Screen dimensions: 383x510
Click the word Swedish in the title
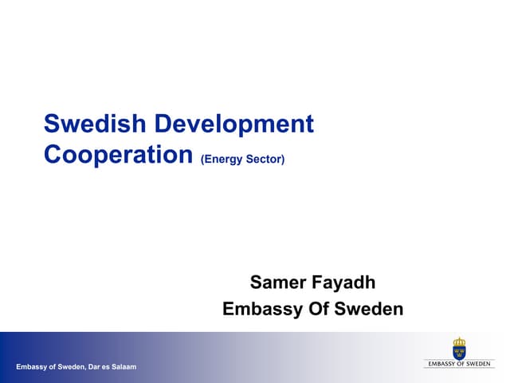pyautogui.click(x=95, y=124)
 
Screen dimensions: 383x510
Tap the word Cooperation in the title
pyautogui.click(x=119, y=154)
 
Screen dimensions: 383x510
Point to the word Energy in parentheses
pyautogui.click(x=224, y=160)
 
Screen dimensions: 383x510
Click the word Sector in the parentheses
pyautogui.click(x=265, y=160)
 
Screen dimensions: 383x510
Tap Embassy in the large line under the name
pyautogui.click(x=259, y=310)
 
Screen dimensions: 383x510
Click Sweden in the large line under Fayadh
pyautogui.click(x=371, y=309)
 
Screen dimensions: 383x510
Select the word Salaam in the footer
pyautogui.click(x=125, y=367)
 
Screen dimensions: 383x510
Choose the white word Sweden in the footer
pyautogui.click(x=70, y=367)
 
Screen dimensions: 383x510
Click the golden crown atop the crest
pyautogui.click(x=459, y=342)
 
